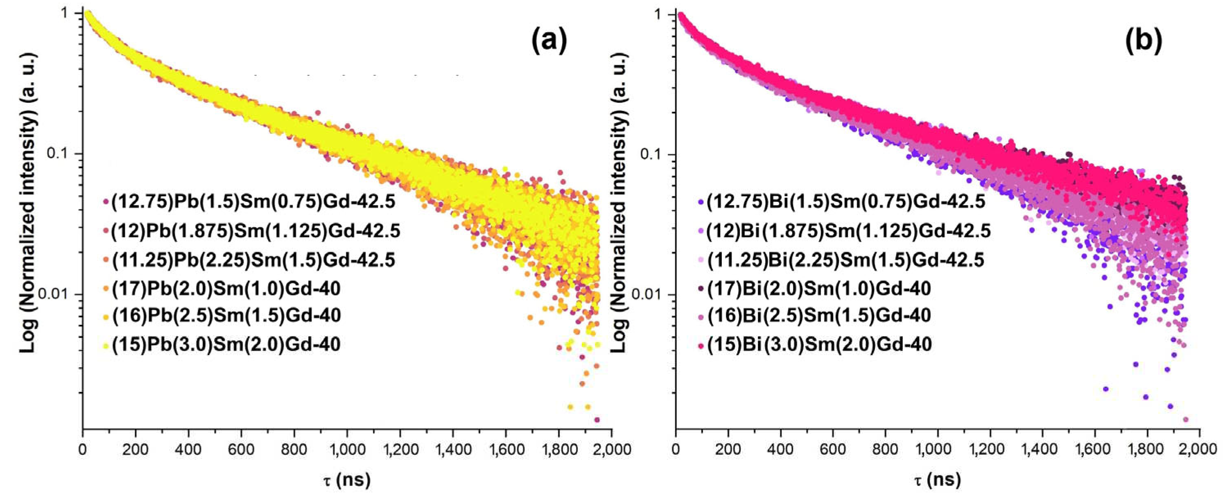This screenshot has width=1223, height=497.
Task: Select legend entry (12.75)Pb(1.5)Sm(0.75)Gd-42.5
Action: pyautogui.click(x=253, y=202)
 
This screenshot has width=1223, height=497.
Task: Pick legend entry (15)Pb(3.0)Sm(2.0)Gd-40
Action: pyautogui.click(x=226, y=344)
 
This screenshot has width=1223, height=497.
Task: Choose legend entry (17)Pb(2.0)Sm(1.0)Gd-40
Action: pyautogui.click(x=226, y=288)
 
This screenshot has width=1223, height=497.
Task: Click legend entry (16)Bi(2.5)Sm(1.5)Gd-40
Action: pyautogui.click(x=819, y=316)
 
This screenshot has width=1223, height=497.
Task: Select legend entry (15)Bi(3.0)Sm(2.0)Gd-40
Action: pyautogui.click(x=819, y=344)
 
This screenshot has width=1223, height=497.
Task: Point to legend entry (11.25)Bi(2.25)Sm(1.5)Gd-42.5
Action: pyautogui.click(x=845, y=260)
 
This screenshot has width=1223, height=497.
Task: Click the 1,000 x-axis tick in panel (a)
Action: pyautogui.click(x=347, y=449)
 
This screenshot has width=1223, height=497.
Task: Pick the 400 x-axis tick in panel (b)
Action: pyautogui.click(x=780, y=449)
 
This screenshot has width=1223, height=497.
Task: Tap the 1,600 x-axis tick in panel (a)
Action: pyautogui.click(x=506, y=449)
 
